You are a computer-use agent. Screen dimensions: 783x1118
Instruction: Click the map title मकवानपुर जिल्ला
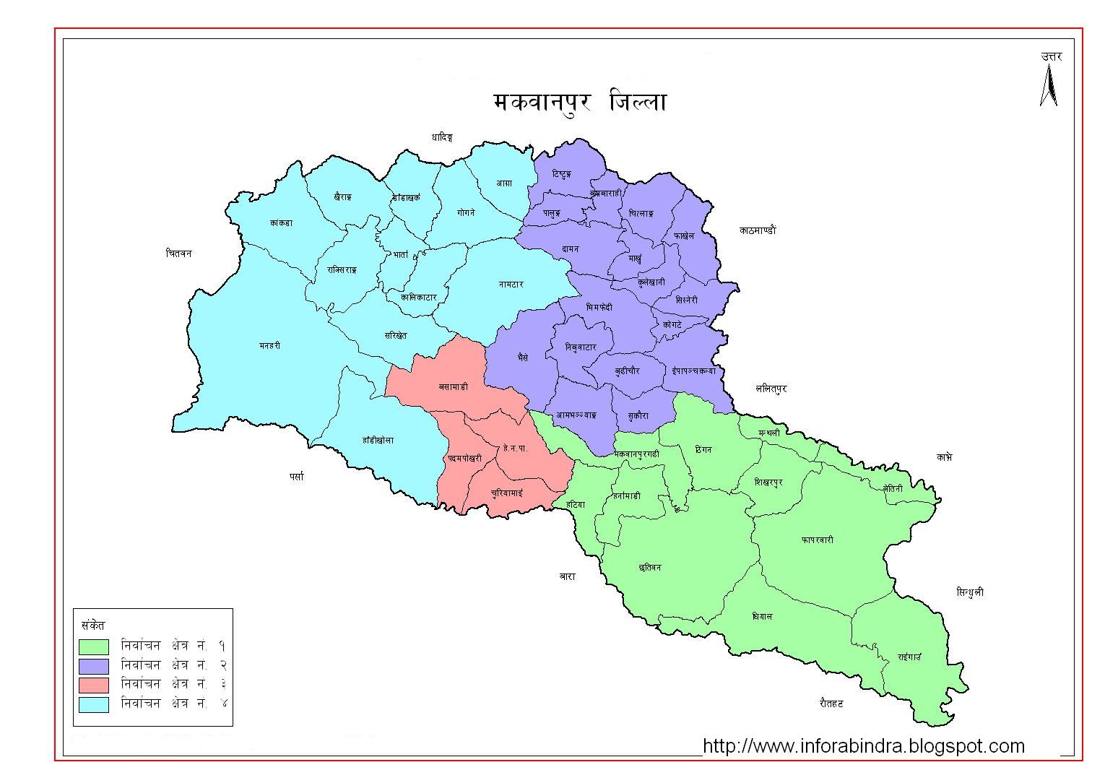pos(579,102)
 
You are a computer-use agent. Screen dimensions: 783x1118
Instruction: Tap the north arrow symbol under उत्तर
pos(1049,86)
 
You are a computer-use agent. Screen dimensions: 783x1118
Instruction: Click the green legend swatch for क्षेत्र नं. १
pos(94,646)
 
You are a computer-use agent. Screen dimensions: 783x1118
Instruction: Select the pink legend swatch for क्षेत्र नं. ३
pos(94,685)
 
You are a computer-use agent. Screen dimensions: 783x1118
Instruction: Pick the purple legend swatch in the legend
pos(94,665)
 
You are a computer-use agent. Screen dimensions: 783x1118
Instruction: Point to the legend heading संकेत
pos(94,625)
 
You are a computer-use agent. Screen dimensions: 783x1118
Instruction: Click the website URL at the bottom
pos(863,745)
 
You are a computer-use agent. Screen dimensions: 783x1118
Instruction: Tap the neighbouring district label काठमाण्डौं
pos(758,230)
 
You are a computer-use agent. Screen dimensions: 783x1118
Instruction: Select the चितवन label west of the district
pos(178,254)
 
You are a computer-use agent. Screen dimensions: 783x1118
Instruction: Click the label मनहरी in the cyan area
pos(269,346)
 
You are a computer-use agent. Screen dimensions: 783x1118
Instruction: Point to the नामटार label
pos(511,285)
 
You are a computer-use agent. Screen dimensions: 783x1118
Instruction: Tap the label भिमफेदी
pos(599,307)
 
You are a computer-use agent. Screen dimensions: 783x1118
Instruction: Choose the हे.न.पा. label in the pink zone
pos(515,449)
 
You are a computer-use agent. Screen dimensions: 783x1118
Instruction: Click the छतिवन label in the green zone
pos(650,568)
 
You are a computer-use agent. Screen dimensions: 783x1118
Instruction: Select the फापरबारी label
pos(817,540)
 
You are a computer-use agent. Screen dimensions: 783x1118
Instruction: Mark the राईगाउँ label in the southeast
pos(909,657)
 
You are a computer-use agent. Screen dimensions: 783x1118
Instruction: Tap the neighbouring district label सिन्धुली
pos(969,592)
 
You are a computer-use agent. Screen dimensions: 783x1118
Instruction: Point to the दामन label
pos(571,249)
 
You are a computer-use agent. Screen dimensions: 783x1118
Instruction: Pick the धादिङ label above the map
pos(441,137)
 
